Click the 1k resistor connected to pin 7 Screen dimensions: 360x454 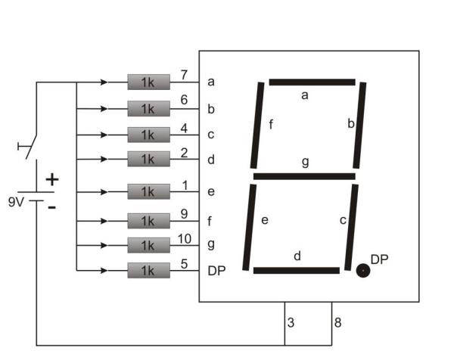[x=148, y=82]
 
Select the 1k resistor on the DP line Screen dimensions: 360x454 [x=148, y=270]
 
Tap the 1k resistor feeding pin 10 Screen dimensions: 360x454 [x=148, y=245]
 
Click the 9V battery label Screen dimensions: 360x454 [x=17, y=203]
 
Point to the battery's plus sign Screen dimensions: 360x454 [x=51, y=180]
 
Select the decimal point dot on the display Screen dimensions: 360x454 [x=363, y=270]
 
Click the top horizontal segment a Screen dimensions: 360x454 [x=312, y=82]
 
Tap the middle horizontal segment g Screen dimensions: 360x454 [x=304, y=177]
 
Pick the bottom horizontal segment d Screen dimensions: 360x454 [x=296, y=270]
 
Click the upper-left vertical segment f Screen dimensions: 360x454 [x=257, y=126]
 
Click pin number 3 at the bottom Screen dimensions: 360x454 [x=291, y=323]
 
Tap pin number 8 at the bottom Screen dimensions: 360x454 [x=338, y=323]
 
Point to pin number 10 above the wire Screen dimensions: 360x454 [x=185, y=237]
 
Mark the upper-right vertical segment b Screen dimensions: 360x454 [x=361, y=126]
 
